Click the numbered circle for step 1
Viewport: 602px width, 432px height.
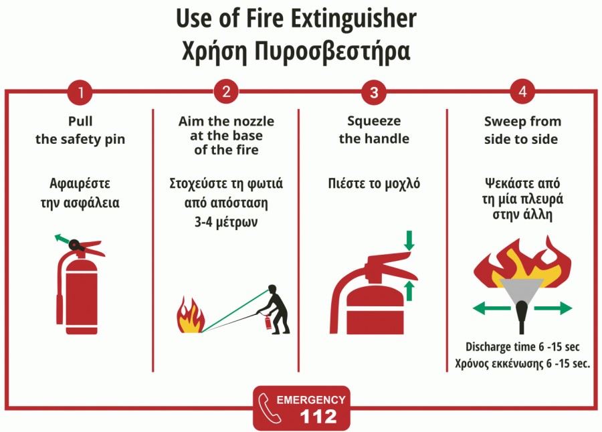click(80, 92)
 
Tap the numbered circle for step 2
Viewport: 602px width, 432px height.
click(226, 92)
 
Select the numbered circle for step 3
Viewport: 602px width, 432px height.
click(374, 92)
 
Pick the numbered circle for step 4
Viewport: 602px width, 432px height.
click(522, 92)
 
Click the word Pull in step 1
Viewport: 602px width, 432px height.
click(80, 121)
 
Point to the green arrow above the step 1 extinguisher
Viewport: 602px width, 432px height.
click(62, 239)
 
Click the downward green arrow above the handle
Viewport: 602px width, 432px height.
click(409, 240)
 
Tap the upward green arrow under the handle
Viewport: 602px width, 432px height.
click(409, 291)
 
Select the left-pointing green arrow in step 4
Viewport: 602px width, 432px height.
click(492, 308)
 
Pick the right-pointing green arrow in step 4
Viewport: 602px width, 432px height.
click(553, 308)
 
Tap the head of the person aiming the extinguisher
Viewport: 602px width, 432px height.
click(272, 288)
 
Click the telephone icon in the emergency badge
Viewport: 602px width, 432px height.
click(269, 408)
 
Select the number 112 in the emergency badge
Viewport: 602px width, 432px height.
click(318, 416)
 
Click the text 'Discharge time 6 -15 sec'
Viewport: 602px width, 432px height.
click(522, 347)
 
